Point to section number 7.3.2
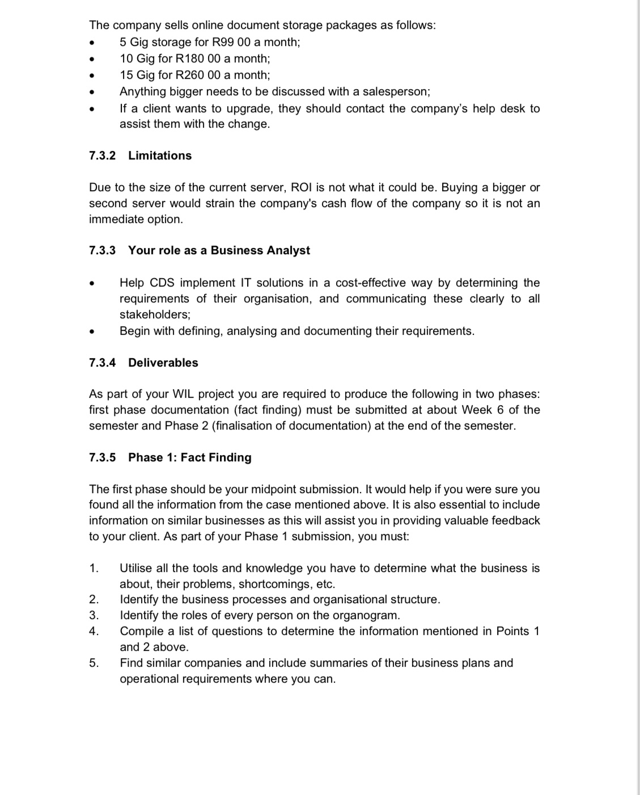(x=102, y=155)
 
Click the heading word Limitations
(x=160, y=155)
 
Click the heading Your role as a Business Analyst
(x=219, y=250)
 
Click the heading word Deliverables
(x=163, y=363)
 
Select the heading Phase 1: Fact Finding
(x=190, y=457)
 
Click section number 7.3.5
(x=102, y=457)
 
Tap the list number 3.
(x=94, y=615)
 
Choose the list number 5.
(x=94, y=663)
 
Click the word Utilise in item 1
(x=138, y=568)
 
